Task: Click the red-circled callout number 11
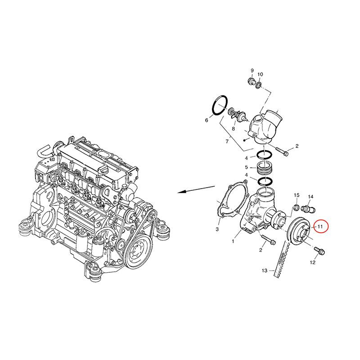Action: click(320, 227)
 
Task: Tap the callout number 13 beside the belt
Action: click(265, 271)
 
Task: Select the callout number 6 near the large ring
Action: click(207, 120)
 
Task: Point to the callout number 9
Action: click(252, 71)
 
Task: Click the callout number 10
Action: click(260, 74)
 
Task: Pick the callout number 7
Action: click(227, 141)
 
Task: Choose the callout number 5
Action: click(246, 167)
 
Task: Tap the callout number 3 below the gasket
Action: click(217, 229)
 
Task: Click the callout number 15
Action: click(297, 195)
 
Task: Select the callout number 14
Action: click(310, 197)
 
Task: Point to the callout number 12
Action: click(313, 262)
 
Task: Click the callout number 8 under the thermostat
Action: click(233, 129)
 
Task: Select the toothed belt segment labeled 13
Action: click(280, 260)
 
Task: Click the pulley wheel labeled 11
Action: click(299, 233)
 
